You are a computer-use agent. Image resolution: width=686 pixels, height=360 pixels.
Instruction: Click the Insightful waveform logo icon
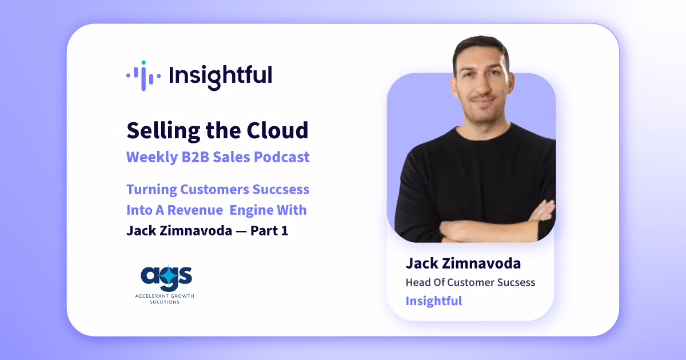click(x=143, y=75)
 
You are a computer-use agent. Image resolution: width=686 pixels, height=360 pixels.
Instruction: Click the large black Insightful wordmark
click(x=220, y=77)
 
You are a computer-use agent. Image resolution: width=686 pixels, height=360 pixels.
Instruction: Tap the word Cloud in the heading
click(x=277, y=130)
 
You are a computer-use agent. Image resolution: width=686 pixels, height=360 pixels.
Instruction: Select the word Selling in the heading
click(x=163, y=131)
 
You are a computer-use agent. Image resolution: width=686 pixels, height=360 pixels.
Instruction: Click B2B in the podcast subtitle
click(x=195, y=157)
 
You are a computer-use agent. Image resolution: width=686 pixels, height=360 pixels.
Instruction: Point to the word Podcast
click(x=282, y=157)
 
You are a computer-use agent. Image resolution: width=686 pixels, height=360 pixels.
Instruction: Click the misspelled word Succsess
click(x=281, y=189)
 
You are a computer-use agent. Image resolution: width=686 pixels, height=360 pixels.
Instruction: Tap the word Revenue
click(x=195, y=210)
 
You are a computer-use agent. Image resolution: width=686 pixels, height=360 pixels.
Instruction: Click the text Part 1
click(x=269, y=230)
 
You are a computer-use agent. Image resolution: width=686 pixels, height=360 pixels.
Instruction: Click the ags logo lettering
click(x=166, y=277)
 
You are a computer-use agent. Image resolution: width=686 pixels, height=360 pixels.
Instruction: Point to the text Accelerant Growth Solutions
click(x=165, y=299)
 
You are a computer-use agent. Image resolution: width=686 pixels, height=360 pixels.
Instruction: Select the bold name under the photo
click(x=463, y=263)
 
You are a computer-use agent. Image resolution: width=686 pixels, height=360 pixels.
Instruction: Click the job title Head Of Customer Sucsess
click(x=470, y=282)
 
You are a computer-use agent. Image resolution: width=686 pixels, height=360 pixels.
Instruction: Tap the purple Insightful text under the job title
click(x=434, y=301)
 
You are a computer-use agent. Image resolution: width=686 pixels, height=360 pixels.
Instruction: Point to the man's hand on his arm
click(x=542, y=211)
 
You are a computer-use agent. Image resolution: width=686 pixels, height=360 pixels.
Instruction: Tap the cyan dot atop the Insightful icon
click(x=143, y=63)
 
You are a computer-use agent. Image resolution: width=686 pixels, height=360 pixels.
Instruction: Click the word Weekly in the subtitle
click(x=152, y=157)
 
